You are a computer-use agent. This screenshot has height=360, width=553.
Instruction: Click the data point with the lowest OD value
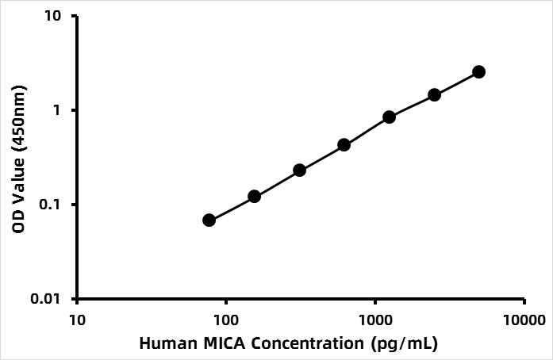click(x=209, y=220)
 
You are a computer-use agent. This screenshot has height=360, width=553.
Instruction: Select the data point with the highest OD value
click(x=478, y=72)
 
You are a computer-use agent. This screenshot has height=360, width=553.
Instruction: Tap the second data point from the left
click(x=254, y=196)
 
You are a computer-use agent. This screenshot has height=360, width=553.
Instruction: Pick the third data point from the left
click(x=299, y=170)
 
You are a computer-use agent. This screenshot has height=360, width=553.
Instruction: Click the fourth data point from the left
click(x=344, y=144)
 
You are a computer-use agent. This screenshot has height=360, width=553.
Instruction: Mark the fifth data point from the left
click(x=389, y=117)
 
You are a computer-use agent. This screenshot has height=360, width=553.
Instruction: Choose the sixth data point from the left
click(x=434, y=94)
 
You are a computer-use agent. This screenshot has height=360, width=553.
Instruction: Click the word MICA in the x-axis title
click(x=214, y=344)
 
